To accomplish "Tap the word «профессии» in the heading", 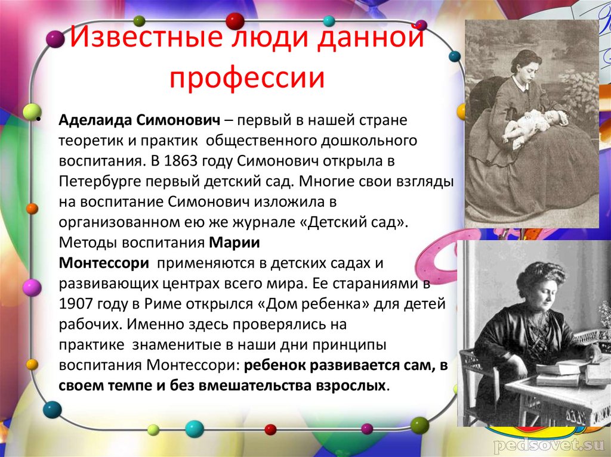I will click(x=246, y=79).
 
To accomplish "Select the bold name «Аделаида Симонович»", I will click(x=140, y=120).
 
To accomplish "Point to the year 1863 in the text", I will click(x=172, y=161).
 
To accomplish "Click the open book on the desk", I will click(x=561, y=365).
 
